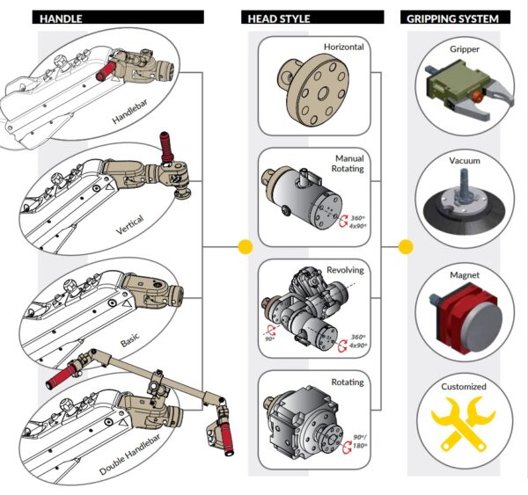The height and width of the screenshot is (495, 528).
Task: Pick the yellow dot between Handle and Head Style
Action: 245,248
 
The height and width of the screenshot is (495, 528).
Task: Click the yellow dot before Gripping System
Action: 406,248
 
